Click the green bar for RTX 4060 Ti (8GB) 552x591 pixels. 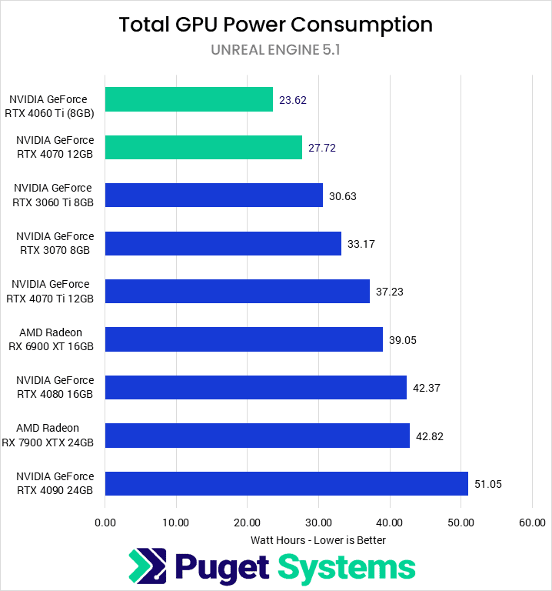[188, 99]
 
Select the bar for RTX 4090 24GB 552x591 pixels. [286, 483]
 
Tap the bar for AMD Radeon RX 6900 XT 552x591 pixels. [244, 339]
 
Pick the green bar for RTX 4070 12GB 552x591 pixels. [203, 147]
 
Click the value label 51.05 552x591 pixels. [490, 484]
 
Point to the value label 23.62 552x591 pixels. [294, 100]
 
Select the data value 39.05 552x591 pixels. [403, 340]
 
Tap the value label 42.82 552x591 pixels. [430, 436]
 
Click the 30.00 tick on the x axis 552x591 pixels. [318, 523]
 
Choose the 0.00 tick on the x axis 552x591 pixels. [105, 523]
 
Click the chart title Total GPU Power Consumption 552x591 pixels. [275, 25]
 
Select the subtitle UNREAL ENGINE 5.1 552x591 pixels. [275, 50]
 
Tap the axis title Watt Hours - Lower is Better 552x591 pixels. [318, 540]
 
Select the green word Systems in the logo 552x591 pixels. [346, 568]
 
